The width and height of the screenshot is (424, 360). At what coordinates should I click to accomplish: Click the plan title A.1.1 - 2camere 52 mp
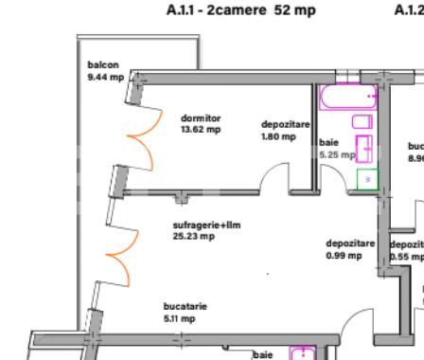tap(240, 10)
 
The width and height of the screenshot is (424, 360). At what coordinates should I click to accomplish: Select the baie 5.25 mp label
tap(337, 149)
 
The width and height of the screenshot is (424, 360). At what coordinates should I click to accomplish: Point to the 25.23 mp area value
tap(193, 237)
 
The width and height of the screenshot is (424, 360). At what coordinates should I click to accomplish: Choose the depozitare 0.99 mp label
tap(350, 248)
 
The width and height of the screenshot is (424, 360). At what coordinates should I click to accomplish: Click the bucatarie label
tap(184, 307)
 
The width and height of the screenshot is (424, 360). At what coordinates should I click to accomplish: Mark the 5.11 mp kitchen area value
tap(177, 318)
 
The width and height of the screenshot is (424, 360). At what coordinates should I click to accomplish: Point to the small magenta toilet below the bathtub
tap(360, 122)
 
